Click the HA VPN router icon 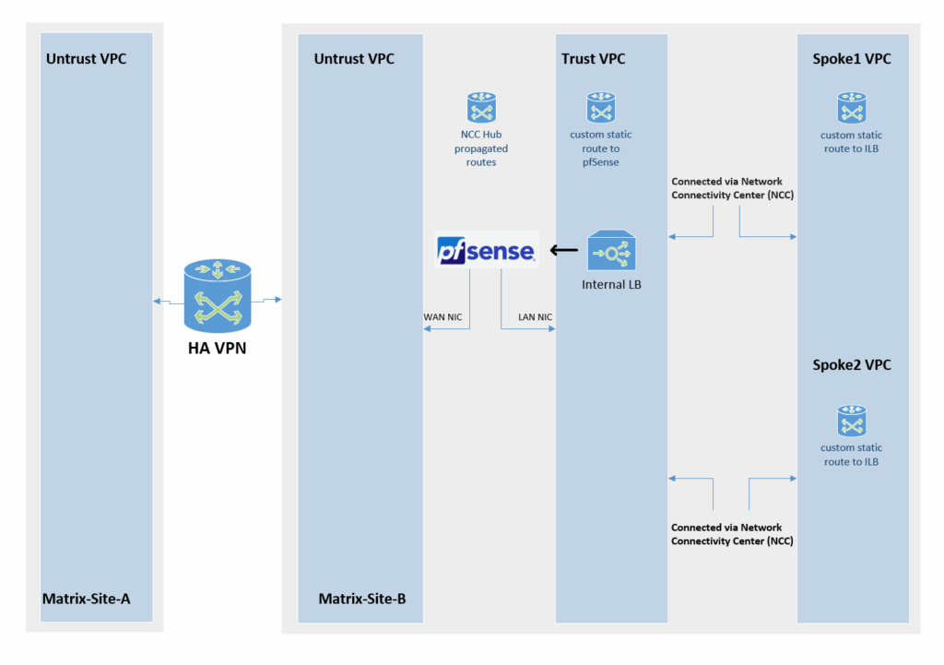pyautogui.click(x=218, y=295)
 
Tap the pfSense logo pyautogui.click(x=486, y=250)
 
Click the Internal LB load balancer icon pyautogui.click(x=609, y=251)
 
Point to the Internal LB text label pyautogui.click(x=610, y=284)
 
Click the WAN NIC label pyautogui.click(x=442, y=317)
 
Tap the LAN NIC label pyautogui.click(x=535, y=317)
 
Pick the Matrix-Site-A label pyautogui.click(x=86, y=599)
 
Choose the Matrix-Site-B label pyautogui.click(x=362, y=599)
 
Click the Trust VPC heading pyautogui.click(x=593, y=59)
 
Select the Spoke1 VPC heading pyautogui.click(x=852, y=59)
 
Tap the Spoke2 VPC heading pyautogui.click(x=852, y=365)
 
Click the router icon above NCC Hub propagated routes pyautogui.click(x=482, y=108)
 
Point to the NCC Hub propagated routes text pyautogui.click(x=480, y=148)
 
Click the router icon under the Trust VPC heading pyautogui.click(x=601, y=108)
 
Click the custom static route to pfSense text pyautogui.click(x=601, y=148)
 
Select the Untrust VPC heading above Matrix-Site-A pyautogui.click(x=86, y=59)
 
